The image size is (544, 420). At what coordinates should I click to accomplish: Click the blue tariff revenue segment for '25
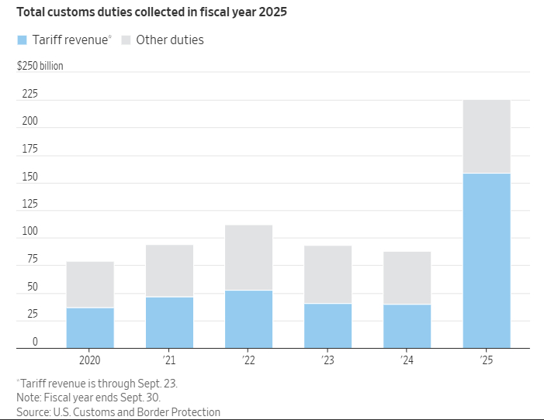point(487,260)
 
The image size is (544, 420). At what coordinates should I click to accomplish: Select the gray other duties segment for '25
point(487,136)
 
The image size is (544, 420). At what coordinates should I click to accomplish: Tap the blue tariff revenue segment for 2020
point(90,328)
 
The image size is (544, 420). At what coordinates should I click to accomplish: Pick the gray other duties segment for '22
point(248,257)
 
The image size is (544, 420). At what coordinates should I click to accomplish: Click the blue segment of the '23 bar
point(327,325)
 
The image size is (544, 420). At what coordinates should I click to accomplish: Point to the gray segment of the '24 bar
point(407,277)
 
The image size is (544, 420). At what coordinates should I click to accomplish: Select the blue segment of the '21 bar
point(169,322)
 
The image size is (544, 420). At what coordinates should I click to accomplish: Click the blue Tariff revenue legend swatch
point(23,40)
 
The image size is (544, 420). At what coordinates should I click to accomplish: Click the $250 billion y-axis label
point(40,66)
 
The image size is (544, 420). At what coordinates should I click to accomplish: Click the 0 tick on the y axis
point(35,342)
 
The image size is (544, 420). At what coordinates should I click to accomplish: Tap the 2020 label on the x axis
point(90,360)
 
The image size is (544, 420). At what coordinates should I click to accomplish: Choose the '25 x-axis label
point(487,360)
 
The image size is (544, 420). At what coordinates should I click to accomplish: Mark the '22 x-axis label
point(248,360)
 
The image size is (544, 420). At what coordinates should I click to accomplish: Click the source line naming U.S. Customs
point(118,411)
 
